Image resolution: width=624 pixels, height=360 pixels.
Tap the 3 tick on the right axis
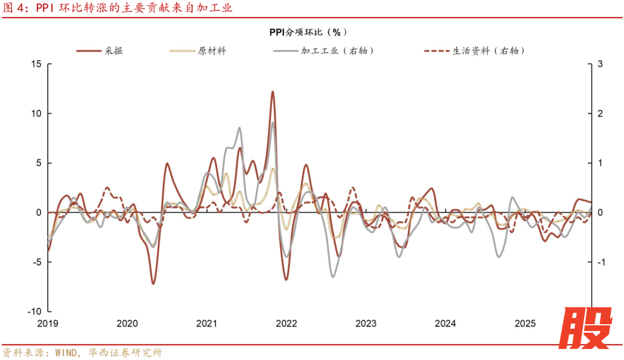(x=600, y=64)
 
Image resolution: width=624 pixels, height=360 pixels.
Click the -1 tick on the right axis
(x=601, y=262)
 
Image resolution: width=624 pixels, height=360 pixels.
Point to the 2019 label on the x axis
(x=48, y=324)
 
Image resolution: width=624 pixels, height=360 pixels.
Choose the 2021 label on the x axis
(x=206, y=324)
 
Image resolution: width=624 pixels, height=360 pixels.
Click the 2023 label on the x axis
(x=366, y=324)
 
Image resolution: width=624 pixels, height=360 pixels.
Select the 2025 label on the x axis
(x=525, y=324)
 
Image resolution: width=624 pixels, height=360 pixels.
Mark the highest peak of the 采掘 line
(x=272, y=91)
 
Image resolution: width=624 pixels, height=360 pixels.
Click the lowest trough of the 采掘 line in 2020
(x=153, y=283)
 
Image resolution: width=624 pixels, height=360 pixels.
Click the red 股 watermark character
(x=585, y=328)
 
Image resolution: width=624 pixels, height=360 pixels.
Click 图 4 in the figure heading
(x=13, y=9)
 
